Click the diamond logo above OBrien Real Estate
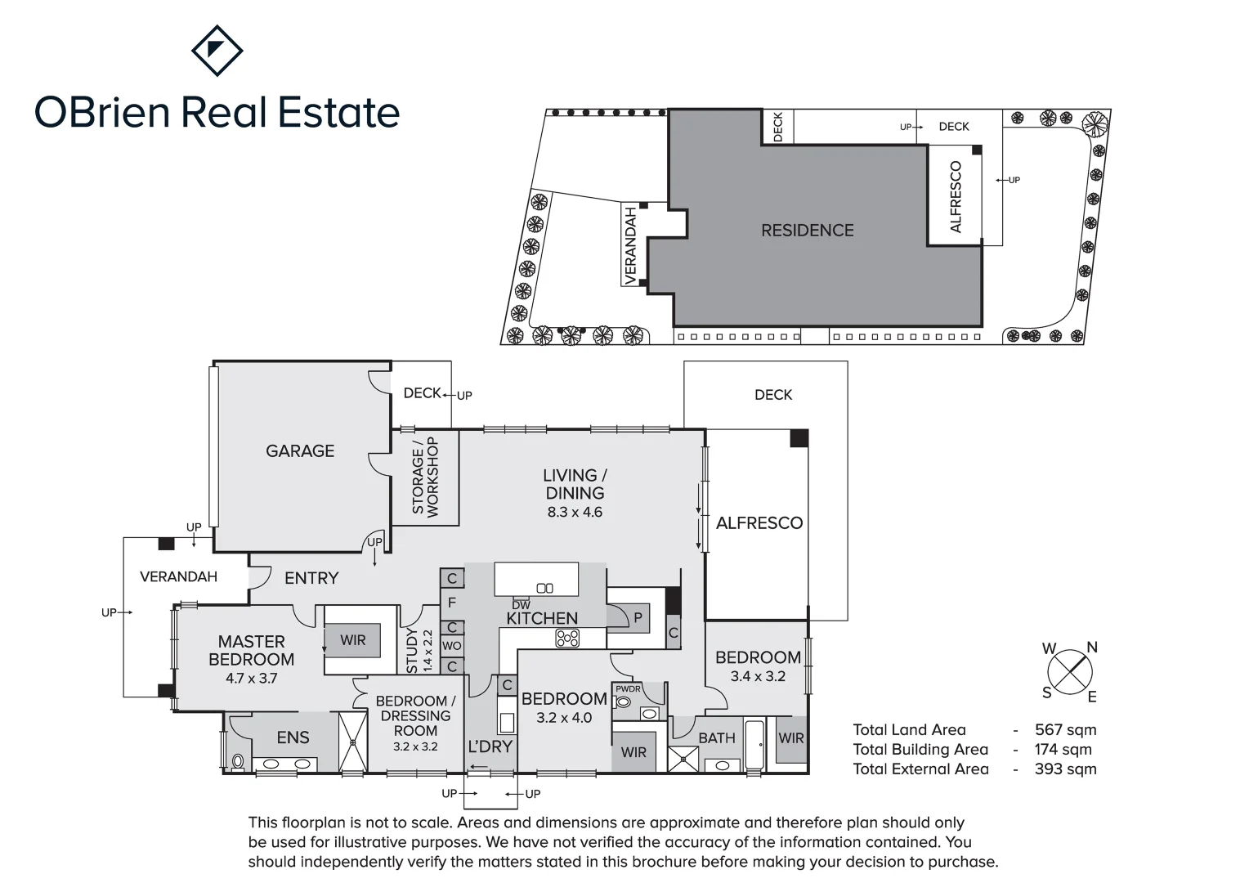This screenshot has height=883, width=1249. pos(217,50)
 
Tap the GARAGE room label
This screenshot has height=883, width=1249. pos(300,450)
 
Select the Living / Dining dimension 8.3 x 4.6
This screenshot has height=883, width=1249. pos(575,513)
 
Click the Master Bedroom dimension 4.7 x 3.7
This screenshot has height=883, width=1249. pos(252,678)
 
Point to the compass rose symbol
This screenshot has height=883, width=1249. pos(1070,672)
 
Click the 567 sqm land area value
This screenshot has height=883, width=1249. pos(1065,730)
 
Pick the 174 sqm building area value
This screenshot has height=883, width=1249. pos(1063,750)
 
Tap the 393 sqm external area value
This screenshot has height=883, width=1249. pos(1065,769)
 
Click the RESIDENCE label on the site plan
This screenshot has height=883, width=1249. pos(808,231)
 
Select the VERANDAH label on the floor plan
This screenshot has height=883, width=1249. pos(178,576)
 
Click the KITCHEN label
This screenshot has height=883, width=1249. pos(542,618)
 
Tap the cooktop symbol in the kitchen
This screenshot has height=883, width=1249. pos(567,638)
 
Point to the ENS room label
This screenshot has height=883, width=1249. pos(293,737)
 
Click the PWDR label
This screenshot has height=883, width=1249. pos(628,689)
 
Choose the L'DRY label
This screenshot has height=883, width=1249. pos(490,746)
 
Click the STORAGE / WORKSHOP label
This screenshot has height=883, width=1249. pos(425,477)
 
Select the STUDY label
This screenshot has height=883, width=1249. pos(412,651)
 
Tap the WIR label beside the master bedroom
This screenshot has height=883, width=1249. pos(353,640)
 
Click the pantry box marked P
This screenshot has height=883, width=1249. pos(638,619)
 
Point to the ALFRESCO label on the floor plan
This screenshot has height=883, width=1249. pos(759,523)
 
